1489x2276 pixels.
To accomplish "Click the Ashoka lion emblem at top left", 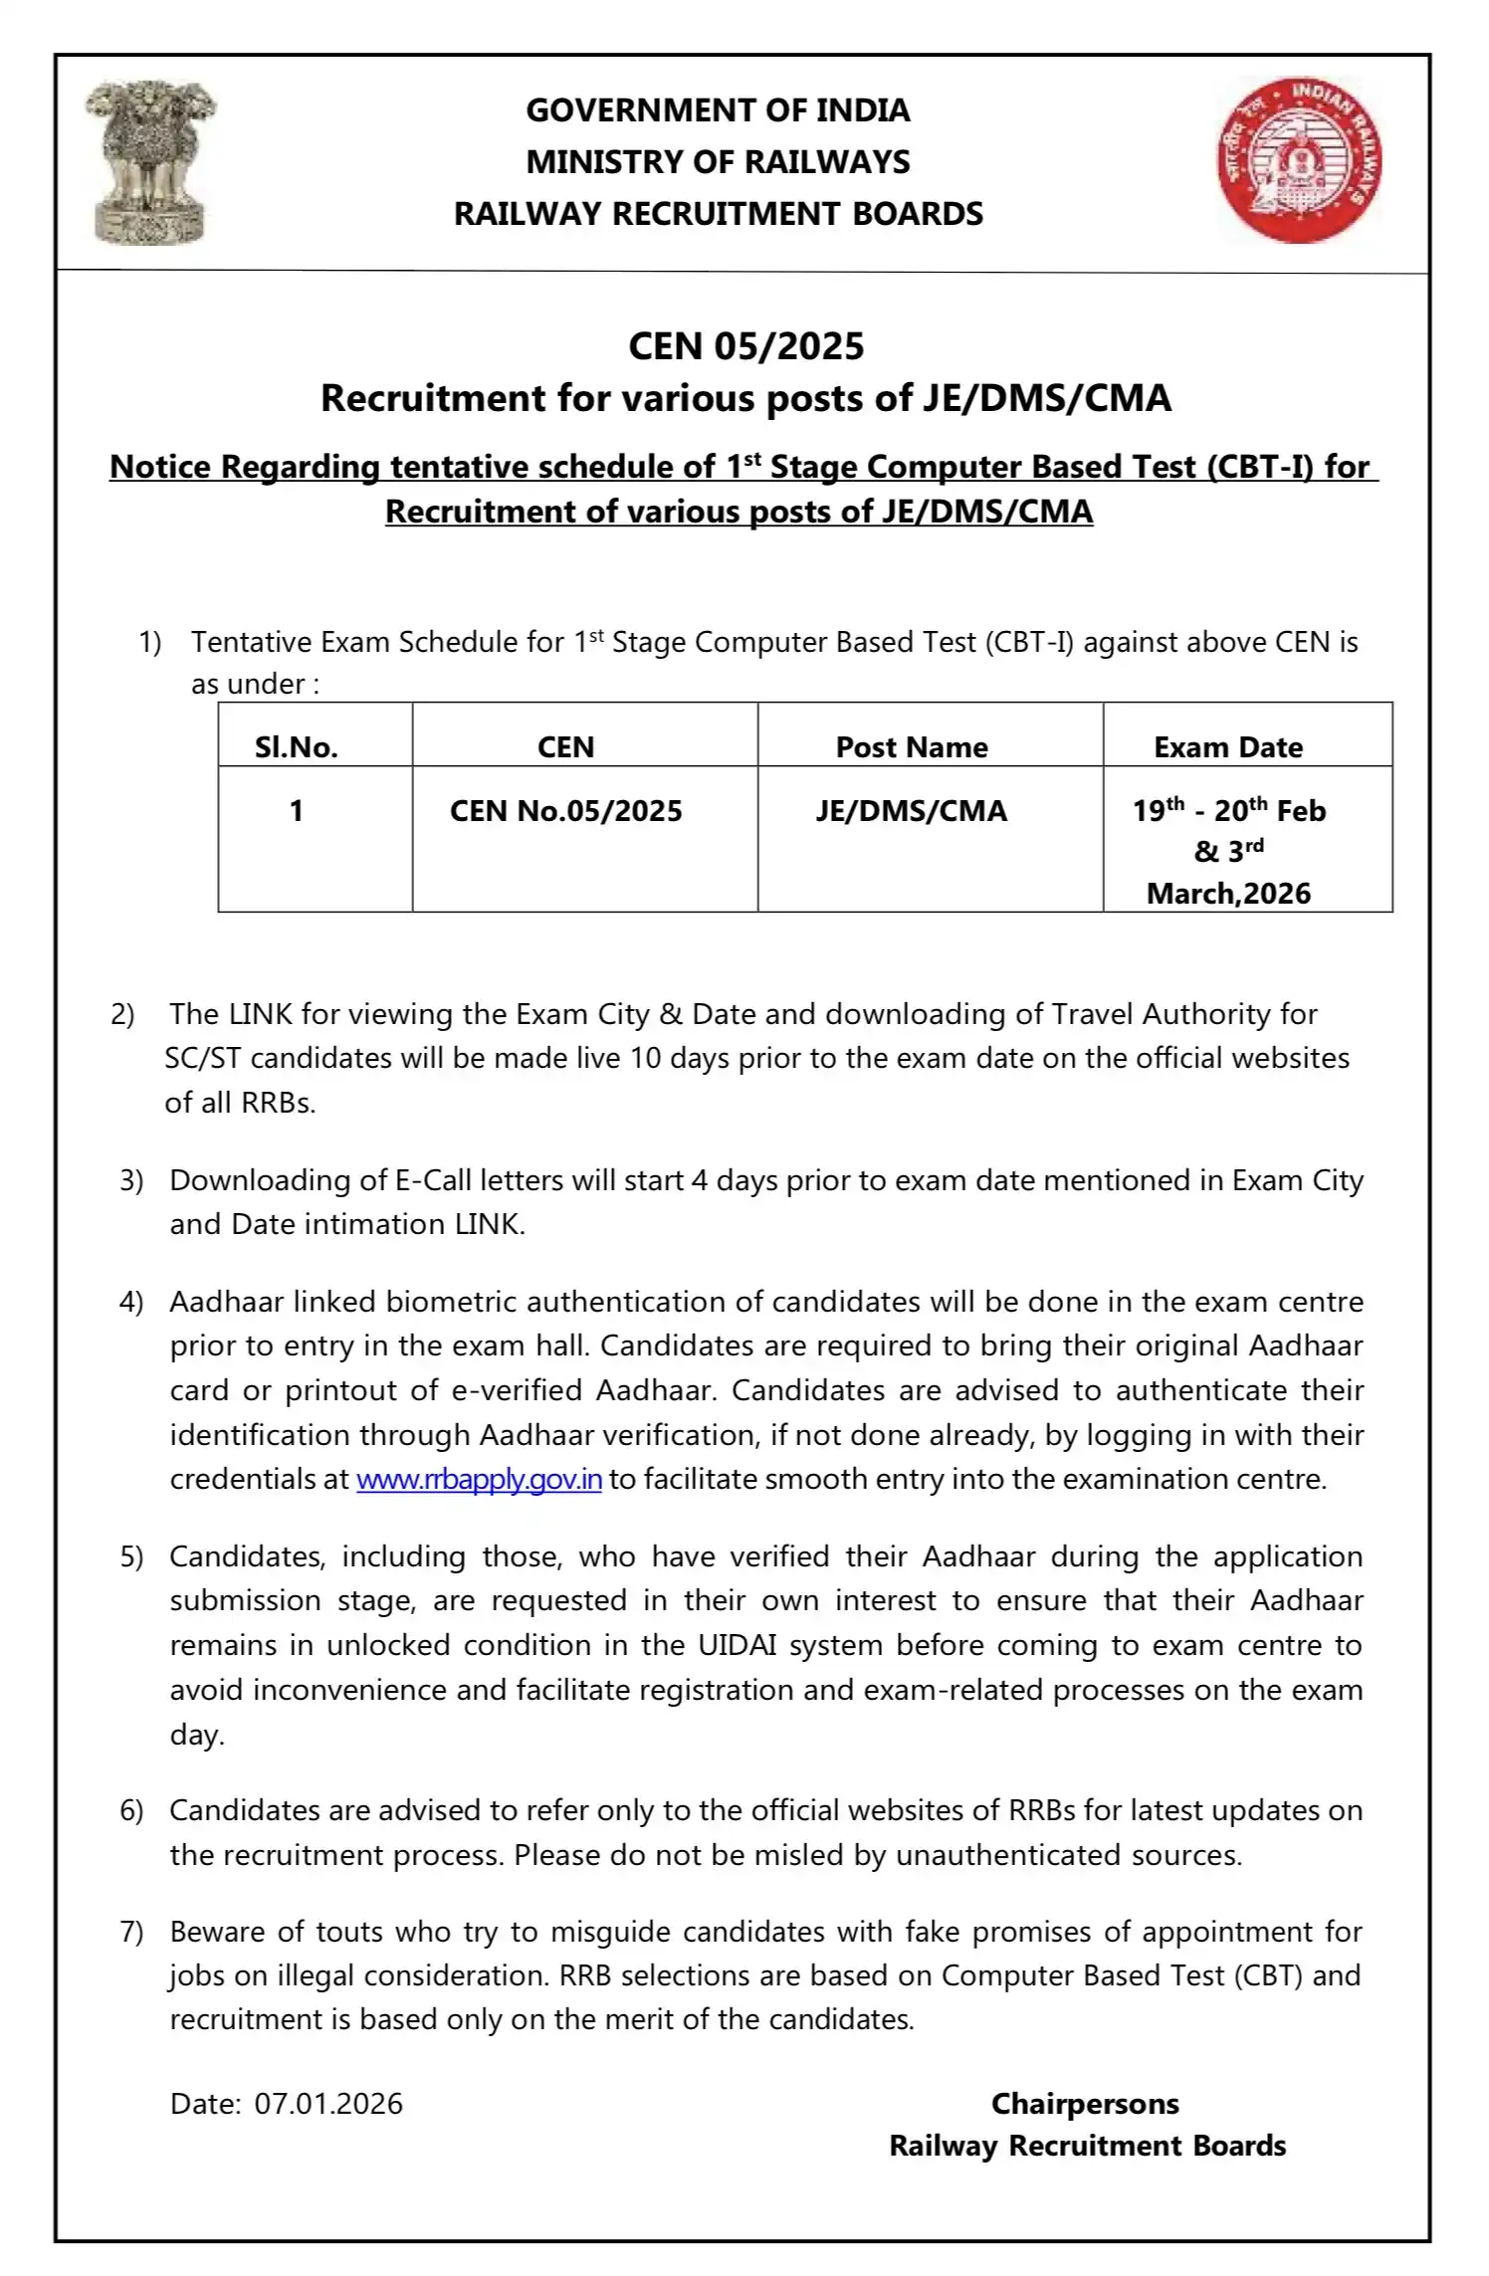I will [x=150, y=162].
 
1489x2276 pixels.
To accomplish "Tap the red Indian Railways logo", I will [x=1299, y=160].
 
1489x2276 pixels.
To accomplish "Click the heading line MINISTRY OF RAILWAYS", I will [x=718, y=162].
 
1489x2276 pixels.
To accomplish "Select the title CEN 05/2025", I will [x=745, y=346].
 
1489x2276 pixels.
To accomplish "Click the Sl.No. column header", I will [x=296, y=747].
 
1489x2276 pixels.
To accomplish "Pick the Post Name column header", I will [x=912, y=747].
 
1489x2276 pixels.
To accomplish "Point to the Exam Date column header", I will [x=1228, y=747].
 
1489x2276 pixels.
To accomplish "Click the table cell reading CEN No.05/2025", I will [x=565, y=811].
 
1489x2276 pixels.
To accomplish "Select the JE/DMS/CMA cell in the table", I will [x=912, y=811].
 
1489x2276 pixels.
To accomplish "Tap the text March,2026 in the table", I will [x=1228, y=894].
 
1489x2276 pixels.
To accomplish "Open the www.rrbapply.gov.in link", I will [x=479, y=1479].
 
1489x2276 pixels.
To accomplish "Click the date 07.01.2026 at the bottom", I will [x=328, y=2103].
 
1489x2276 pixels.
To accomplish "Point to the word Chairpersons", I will [x=1085, y=2103].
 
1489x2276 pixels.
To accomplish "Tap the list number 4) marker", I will [x=131, y=1302].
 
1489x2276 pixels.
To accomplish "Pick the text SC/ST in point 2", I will [x=203, y=1058].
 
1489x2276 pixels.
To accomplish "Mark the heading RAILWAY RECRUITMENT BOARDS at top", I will [x=718, y=214].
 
